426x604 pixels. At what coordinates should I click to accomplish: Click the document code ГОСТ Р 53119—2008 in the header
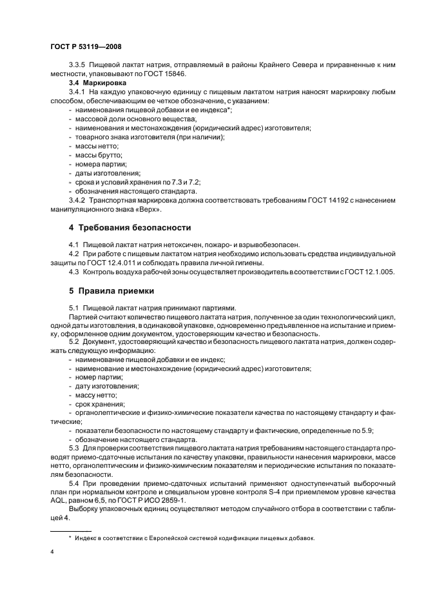85,48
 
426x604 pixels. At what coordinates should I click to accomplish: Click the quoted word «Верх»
146,209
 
